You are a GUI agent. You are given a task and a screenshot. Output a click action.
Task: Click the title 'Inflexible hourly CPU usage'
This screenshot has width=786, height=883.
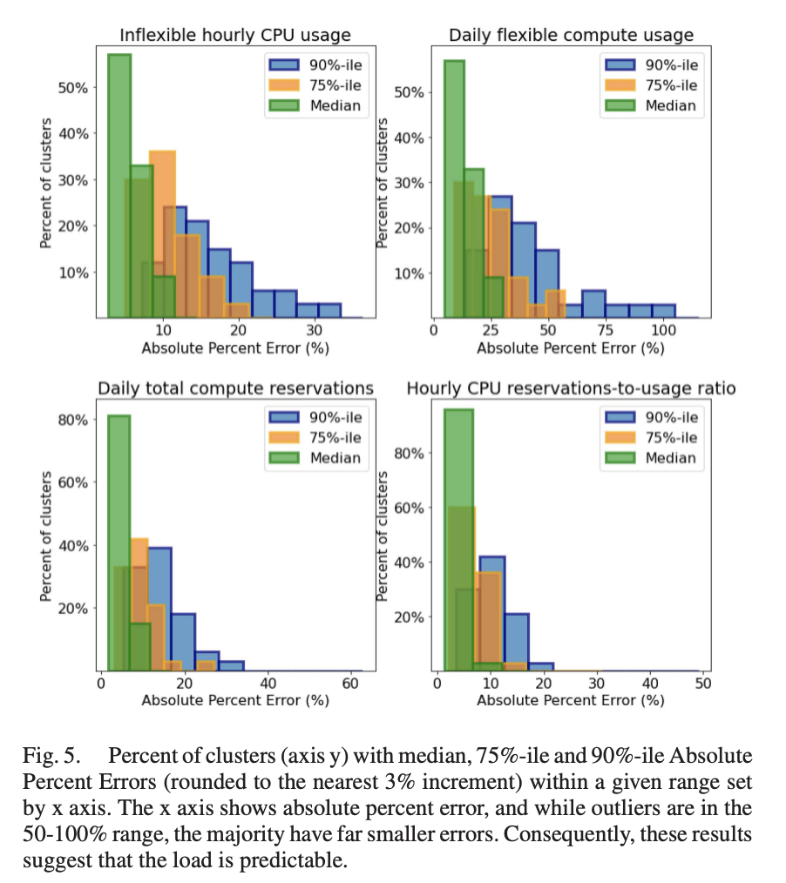click(235, 36)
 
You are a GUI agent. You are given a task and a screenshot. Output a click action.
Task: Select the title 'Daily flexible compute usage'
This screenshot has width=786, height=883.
click(571, 36)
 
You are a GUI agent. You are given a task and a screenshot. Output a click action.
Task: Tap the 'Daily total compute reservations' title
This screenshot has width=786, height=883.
click(235, 388)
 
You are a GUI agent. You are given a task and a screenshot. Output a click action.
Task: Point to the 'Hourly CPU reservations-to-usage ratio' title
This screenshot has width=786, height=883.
click(571, 388)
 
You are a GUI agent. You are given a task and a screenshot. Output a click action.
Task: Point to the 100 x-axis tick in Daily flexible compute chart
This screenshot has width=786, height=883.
click(663, 331)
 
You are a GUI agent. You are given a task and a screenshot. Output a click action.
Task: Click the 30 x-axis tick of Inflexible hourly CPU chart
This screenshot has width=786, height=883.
click(315, 331)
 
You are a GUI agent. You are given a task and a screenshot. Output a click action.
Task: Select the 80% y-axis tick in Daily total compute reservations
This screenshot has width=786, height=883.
click(73, 420)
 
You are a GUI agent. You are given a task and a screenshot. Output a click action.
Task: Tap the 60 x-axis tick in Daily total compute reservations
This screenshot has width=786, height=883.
click(350, 684)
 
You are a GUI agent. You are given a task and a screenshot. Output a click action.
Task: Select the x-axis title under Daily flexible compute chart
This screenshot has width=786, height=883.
click(571, 348)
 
